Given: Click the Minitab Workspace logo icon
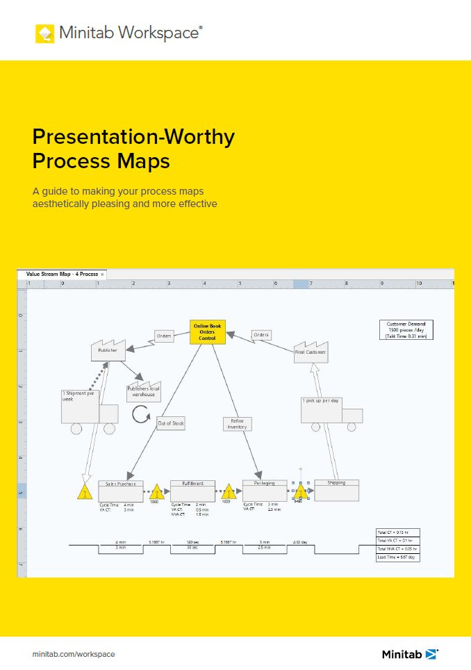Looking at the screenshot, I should [44, 33].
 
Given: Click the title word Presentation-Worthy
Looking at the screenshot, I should [133, 137].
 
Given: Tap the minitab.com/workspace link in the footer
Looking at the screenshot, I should [74, 654].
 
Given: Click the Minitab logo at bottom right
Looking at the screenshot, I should [410, 654].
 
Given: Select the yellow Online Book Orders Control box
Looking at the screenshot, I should [207, 332].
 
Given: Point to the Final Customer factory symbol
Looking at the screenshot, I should [310, 350].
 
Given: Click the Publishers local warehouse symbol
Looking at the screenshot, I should [143, 391].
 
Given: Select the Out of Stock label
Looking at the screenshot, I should [170, 423].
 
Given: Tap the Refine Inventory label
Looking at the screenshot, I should [237, 423].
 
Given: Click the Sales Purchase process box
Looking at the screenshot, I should [121, 491].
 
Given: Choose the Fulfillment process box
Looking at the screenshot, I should [192, 491].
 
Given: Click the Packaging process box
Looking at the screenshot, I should [264, 491].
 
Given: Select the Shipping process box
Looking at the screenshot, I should [336, 491].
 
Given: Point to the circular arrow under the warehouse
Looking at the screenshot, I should [141, 415].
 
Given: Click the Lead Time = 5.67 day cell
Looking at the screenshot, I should [397, 557].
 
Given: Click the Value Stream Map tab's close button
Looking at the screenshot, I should [102, 275].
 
